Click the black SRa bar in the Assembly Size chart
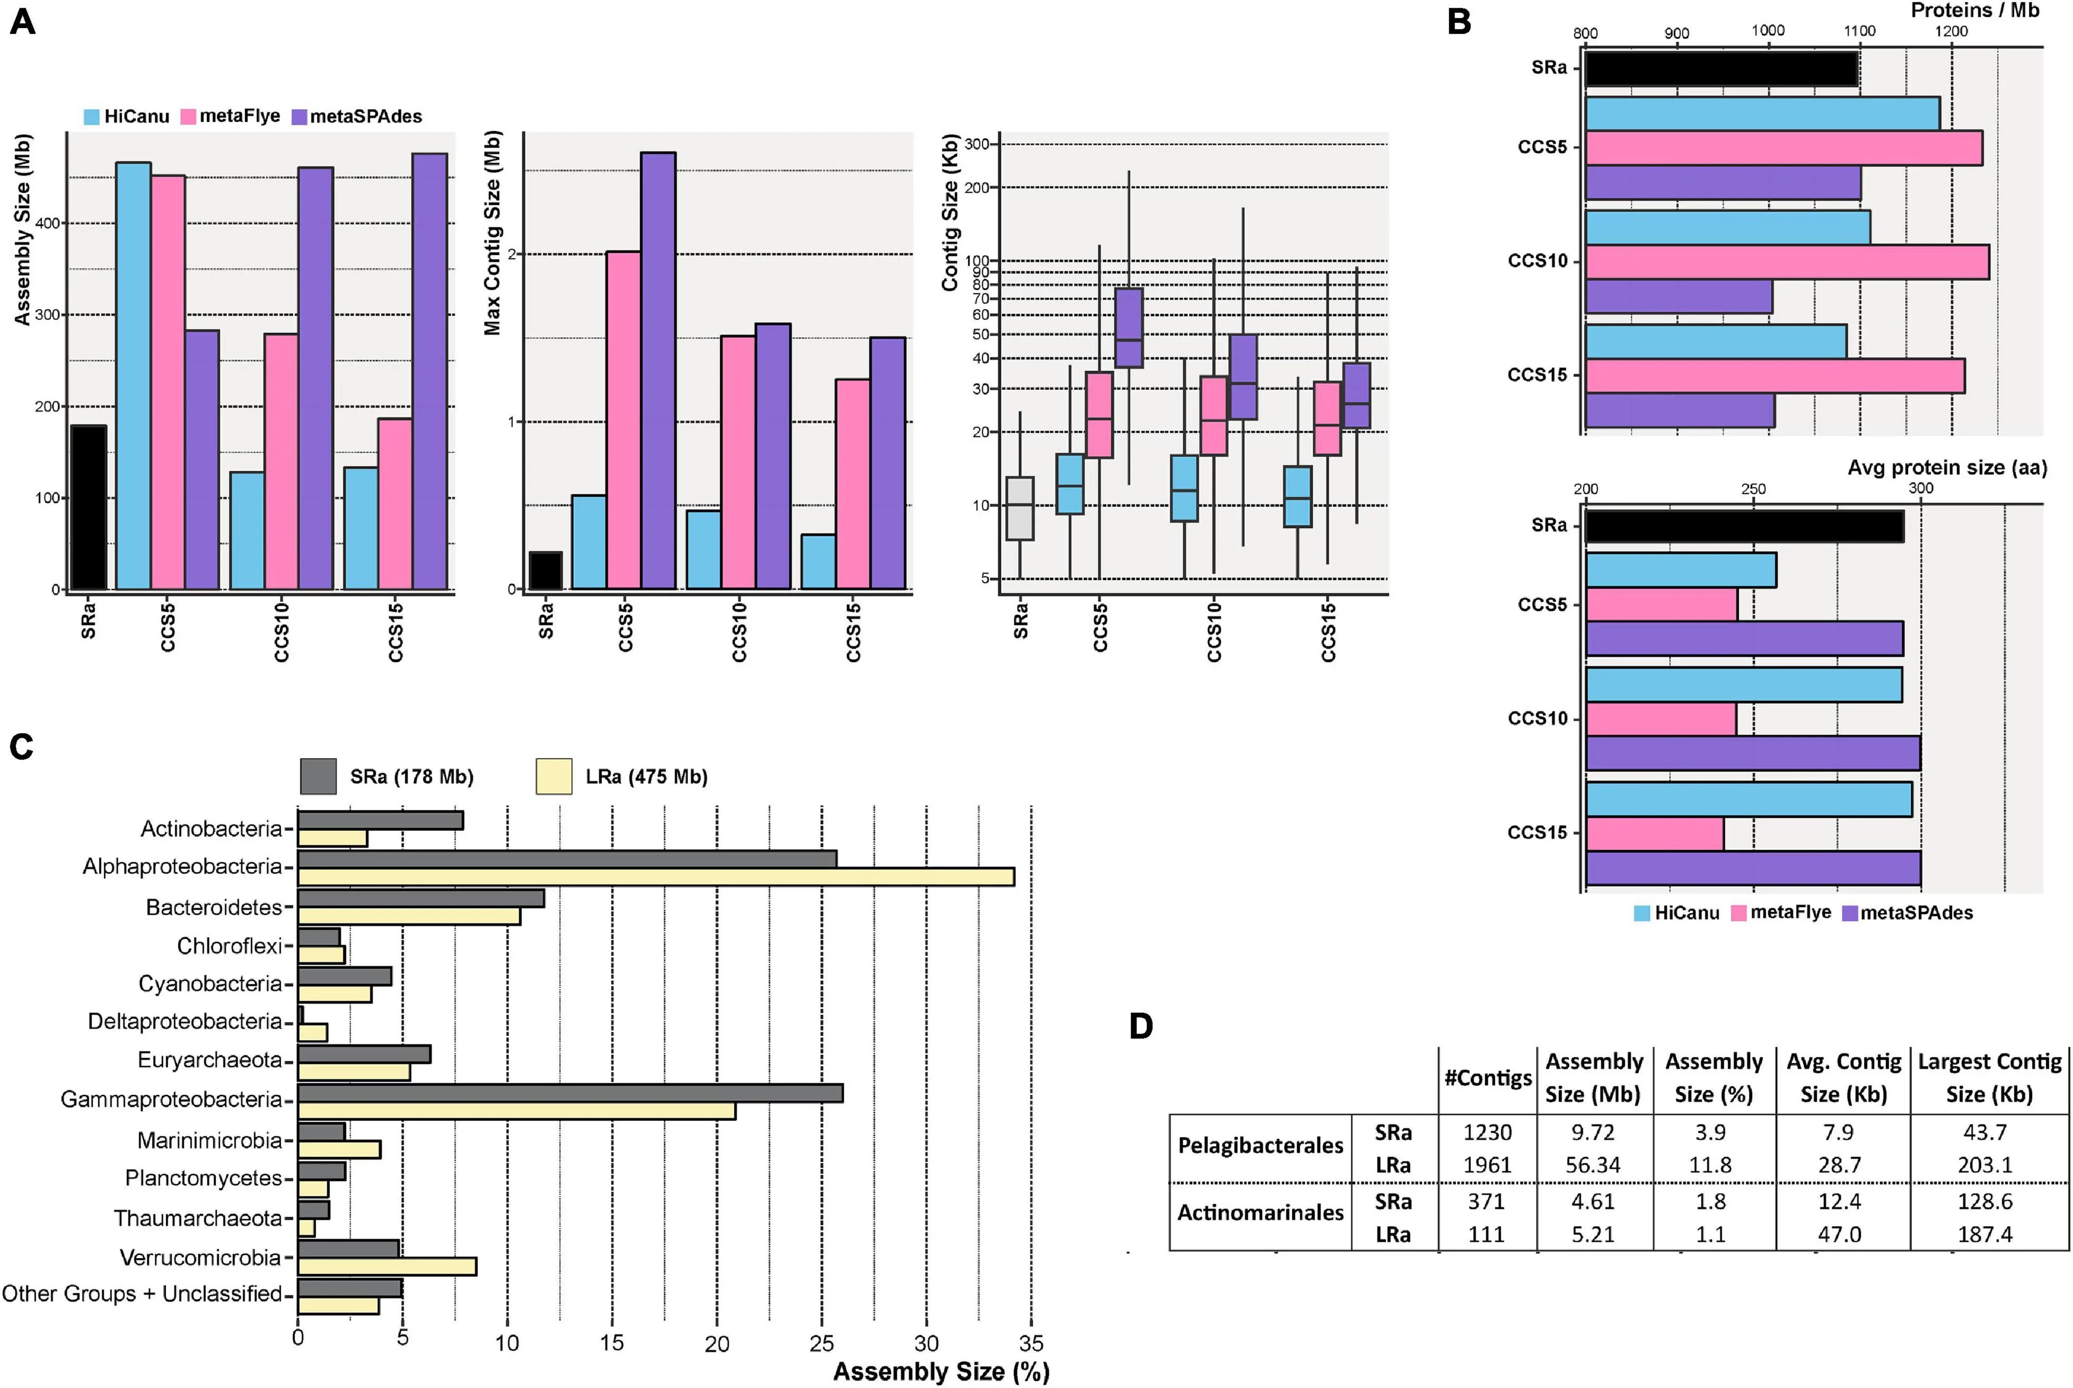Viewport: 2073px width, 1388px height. (x=89, y=507)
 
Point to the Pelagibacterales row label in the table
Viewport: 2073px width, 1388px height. (x=1261, y=1146)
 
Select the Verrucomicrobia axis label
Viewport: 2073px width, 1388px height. (x=200, y=1257)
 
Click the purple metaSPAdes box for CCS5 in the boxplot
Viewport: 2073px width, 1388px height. (x=1129, y=328)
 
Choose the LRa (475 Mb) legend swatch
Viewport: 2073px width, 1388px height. (x=554, y=776)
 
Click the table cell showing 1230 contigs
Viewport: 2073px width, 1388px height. (x=1487, y=1132)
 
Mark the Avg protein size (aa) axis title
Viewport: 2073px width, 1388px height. (x=1946, y=467)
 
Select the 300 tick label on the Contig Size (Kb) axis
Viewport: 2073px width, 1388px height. (x=977, y=144)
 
